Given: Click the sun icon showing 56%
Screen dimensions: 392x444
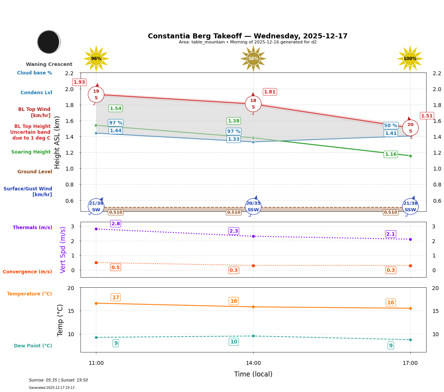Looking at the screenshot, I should click(253, 59).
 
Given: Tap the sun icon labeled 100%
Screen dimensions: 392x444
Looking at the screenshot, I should click(410, 59).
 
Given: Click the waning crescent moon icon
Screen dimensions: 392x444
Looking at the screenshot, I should click(49, 42).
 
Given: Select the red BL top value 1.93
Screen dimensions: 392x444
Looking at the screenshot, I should click(79, 82).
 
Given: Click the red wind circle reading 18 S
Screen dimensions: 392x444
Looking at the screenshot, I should click(253, 104).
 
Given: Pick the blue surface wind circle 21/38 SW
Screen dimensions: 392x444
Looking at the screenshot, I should click(96, 206).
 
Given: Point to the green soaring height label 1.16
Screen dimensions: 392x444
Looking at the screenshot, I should click(391, 154).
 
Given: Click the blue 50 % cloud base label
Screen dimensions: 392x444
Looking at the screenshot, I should click(391, 126).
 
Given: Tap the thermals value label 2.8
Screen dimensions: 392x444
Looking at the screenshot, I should click(116, 224).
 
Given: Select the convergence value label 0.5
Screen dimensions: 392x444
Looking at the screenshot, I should click(115, 268).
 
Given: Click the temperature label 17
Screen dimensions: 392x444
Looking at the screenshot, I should click(116, 297).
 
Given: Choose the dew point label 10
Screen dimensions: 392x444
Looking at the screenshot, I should click(234, 342).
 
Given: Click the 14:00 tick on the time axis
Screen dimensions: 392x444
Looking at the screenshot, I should click(253, 363).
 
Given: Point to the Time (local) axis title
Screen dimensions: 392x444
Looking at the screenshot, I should click(253, 374).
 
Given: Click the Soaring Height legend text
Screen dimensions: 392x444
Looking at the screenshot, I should click(31, 152).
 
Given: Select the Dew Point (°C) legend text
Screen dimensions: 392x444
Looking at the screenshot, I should click(33, 346).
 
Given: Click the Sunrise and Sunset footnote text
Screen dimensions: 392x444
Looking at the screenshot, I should click(58, 380).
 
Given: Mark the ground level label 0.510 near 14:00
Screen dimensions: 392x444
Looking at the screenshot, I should click(233, 212).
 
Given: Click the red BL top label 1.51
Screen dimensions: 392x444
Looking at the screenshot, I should click(427, 116).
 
